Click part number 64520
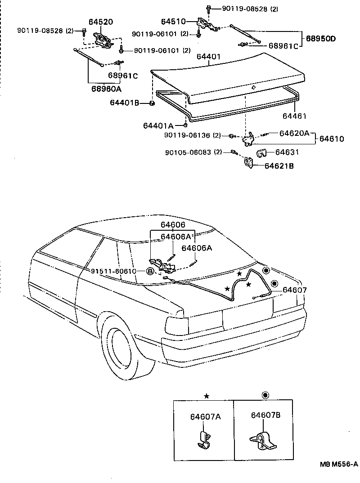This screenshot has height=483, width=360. (x=101, y=22)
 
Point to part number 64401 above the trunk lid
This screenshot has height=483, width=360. (x=208, y=57)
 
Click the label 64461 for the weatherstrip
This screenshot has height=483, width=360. (x=294, y=116)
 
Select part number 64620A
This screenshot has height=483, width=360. (x=294, y=133)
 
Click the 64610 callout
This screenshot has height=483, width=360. (x=332, y=139)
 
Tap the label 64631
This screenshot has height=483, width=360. (x=287, y=152)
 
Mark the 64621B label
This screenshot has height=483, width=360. (x=279, y=166)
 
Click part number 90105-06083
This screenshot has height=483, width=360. (x=189, y=152)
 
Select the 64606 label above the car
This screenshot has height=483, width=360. (x=172, y=225)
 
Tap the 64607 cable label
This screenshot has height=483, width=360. (x=295, y=290)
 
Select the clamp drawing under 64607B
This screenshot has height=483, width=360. (x=263, y=442)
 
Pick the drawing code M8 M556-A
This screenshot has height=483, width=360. (x=339, y=464)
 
